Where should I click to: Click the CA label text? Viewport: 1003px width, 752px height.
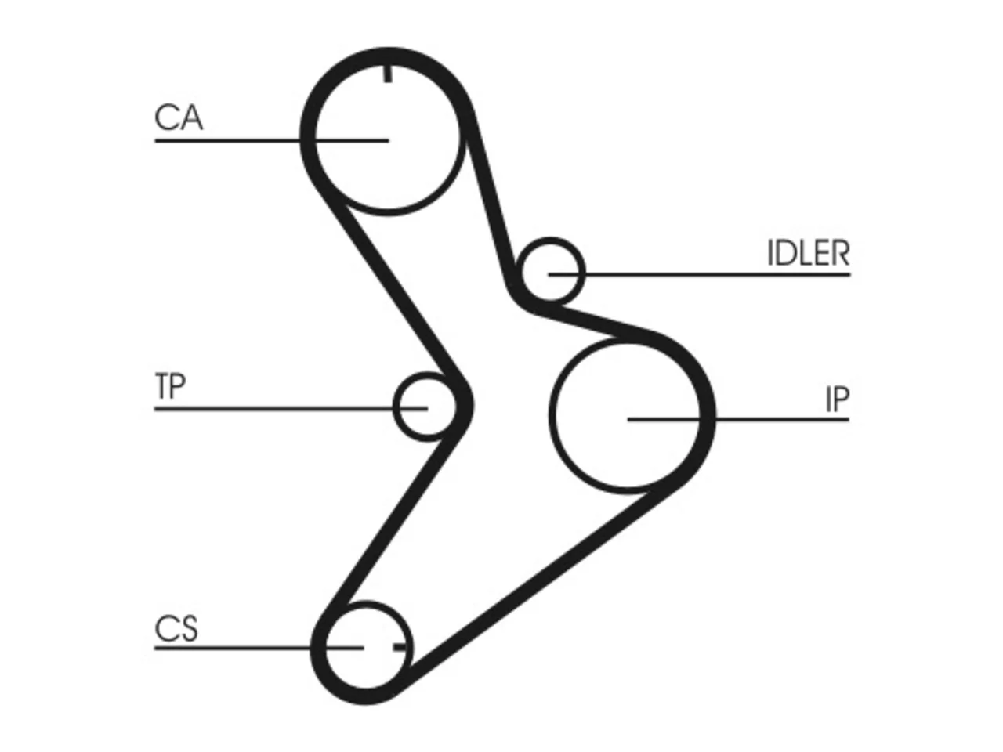click(178, 117)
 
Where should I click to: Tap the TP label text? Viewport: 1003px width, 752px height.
click(170, 386)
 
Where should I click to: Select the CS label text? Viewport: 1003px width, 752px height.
click(176, 629)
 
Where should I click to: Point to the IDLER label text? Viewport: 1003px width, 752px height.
click(809, 253)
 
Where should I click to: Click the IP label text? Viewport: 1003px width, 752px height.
click(838, 399)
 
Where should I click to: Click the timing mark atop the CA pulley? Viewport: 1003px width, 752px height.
click(388, 74)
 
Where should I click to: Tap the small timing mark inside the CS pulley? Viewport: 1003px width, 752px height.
click(400, 647)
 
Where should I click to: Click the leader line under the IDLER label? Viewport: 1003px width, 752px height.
click(699, 274)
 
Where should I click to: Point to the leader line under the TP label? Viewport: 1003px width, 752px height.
click(291, 409)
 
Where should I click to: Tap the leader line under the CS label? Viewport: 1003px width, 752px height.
click(259, 648)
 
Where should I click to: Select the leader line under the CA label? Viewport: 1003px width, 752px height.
click(272, 141)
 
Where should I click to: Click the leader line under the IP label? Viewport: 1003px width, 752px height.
click(738, 419)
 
